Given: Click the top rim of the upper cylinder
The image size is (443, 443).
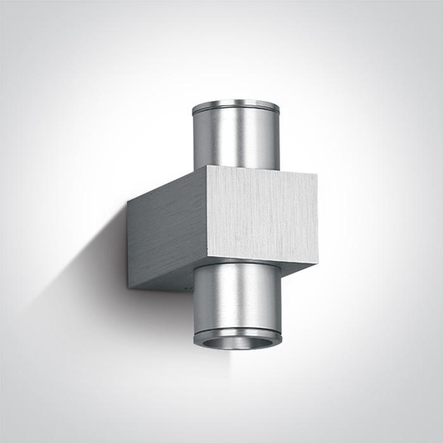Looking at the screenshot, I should [235, 104].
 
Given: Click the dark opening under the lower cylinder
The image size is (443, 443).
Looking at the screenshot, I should [237, 342].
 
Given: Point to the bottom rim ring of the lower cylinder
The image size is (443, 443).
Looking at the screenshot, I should [237, 334].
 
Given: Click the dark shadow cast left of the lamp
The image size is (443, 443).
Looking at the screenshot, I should [95, 266].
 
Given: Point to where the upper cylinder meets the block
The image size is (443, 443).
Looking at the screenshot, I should [235, 169].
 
